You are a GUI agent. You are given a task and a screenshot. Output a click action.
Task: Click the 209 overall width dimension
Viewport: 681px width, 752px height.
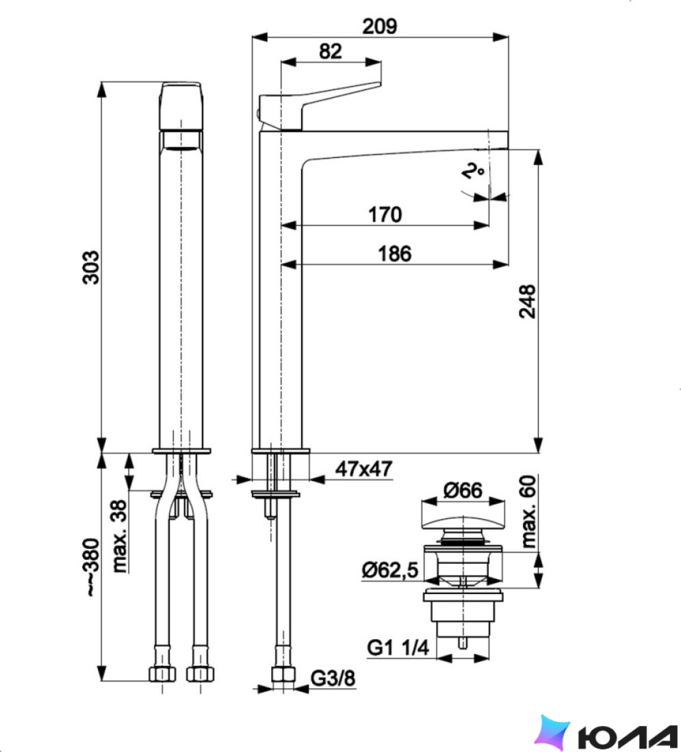(379, 27)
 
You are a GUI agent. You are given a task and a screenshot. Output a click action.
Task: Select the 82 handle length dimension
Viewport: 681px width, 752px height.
(331, 51)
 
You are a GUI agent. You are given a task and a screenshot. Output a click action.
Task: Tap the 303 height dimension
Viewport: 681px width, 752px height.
(91, 267)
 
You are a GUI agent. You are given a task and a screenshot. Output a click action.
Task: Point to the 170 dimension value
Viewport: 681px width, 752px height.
(385, 215)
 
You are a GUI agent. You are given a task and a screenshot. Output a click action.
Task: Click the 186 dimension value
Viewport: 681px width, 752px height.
(395, 254)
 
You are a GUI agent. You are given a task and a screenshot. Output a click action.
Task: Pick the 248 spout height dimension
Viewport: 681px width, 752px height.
(527, 301)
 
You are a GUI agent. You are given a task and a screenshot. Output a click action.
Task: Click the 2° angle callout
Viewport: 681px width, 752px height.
(472, 170)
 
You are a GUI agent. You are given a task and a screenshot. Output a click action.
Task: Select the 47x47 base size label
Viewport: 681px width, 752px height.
(363, 468)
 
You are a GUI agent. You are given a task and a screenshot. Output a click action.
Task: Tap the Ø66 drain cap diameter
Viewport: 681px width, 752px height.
(463, 490)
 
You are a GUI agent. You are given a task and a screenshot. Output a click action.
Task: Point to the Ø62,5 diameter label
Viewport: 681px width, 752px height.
(390, 570)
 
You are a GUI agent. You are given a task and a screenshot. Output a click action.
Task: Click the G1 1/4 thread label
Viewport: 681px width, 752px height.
(398, 647)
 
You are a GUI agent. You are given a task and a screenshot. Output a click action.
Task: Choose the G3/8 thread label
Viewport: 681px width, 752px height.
(333, 678)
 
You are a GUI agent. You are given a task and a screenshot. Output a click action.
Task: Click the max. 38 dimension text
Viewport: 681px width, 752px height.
(120, 536)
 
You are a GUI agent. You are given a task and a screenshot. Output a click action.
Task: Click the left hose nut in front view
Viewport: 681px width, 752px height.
(162, 673)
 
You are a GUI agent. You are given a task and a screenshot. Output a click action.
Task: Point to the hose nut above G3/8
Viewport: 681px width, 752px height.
(283, 673)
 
